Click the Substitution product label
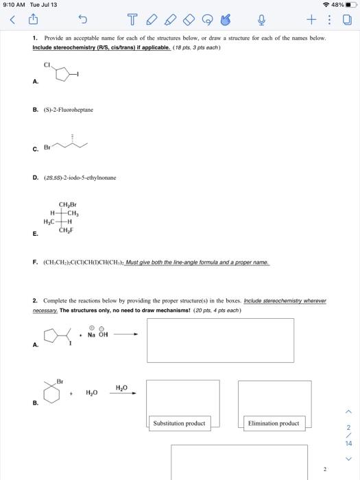(179, 423)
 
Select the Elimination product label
(274, 423)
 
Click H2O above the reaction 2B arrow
(121, 387)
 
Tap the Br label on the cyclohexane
(60, 381)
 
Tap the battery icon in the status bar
(350, 5)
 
